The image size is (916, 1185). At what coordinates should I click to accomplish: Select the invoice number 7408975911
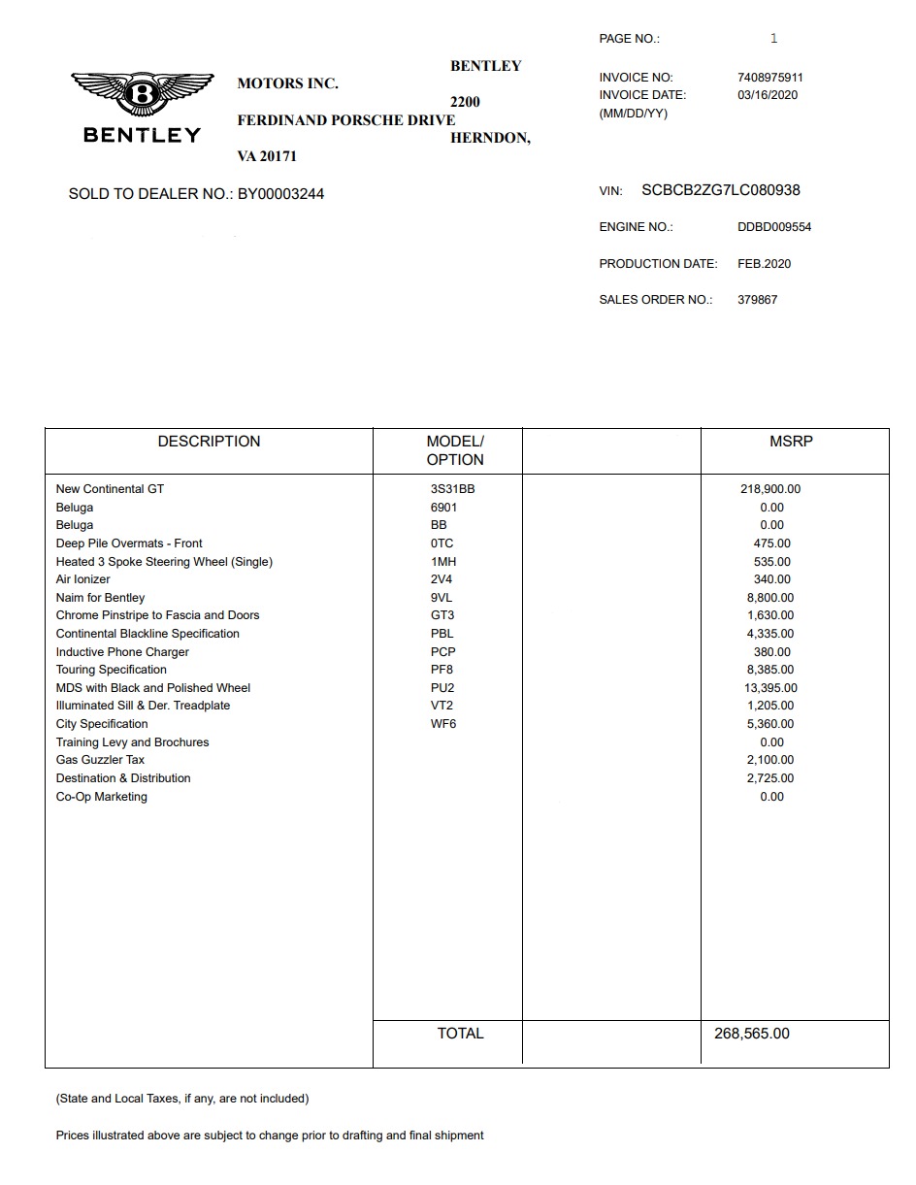770,78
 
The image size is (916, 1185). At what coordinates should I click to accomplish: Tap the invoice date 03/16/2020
768,95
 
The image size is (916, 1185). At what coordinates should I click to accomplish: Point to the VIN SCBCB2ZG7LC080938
721,190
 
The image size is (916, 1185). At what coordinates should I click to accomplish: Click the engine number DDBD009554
774,227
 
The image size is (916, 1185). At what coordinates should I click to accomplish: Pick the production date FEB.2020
765,264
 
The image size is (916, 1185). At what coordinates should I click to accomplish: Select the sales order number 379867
757,300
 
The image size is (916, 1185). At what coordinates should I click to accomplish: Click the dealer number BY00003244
280,194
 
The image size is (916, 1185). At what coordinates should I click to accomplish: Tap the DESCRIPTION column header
209,442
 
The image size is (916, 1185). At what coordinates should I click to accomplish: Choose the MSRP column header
791,442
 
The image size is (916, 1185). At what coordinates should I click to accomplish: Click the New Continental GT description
110,489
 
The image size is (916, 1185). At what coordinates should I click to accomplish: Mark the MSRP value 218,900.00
770,489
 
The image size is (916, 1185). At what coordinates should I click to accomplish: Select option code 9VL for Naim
442,598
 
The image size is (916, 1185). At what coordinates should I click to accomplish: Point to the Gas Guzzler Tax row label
100,760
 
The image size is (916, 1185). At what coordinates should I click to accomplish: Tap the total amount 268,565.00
752,1034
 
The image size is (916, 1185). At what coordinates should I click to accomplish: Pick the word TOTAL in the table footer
460,1034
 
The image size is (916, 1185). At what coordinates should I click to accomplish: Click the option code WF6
443,724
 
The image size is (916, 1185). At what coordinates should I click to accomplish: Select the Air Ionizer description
83,579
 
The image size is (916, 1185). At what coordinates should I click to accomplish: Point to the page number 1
773,39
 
